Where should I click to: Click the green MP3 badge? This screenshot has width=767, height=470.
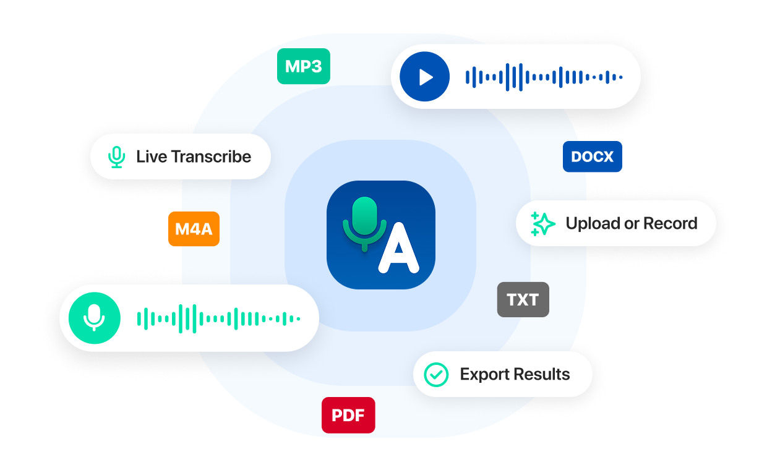[x=303, y=66]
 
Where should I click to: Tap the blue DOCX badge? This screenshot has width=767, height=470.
[x=592, y=157]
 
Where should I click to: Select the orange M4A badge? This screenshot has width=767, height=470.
[x=194, y=229]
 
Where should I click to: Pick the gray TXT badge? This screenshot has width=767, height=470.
[x=523, y=300]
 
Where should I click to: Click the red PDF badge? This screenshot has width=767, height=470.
[x=348, y=415]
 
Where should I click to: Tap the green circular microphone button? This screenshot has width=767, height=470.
[x=94, y=318]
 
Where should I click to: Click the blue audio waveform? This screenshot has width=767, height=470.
[x=543, y=77]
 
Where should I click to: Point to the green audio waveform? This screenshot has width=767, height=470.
[x=218, y=318]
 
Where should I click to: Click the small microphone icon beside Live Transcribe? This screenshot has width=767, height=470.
[x=116, y=157]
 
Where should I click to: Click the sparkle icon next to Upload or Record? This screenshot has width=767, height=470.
[x=543, y=224]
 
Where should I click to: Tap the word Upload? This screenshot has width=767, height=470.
[x=592, y=224]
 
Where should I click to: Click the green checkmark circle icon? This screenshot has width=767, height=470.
[x=436, y=374]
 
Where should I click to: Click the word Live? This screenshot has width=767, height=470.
[x=152, y=157]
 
